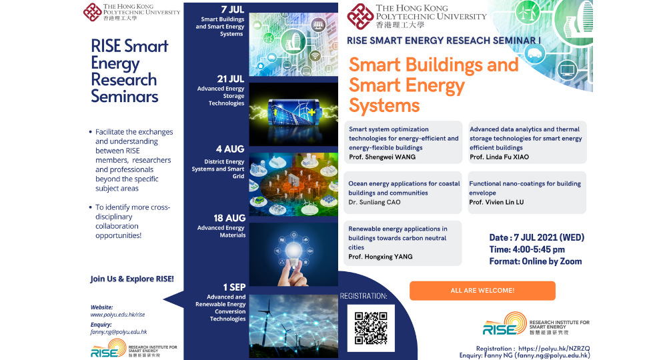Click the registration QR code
(371, 327)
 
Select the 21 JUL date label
(230, 79)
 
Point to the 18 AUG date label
(231, 218)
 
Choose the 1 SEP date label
(234, 287)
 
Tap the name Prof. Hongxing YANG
(380, 257)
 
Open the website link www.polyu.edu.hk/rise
(117, 314)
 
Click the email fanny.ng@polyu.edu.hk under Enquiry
(119, 331)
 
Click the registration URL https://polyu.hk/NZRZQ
(554, 348)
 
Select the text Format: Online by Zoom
(536, 261)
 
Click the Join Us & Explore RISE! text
(132, 279)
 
